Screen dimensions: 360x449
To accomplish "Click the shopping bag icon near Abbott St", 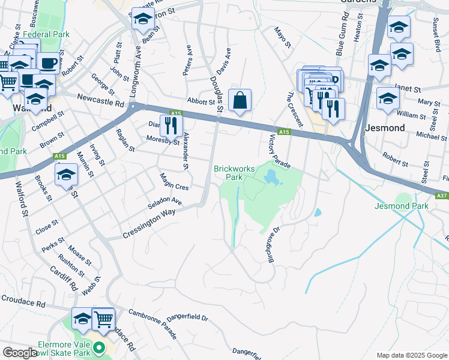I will (240, 101).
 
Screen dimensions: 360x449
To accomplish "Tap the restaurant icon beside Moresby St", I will (171, 125).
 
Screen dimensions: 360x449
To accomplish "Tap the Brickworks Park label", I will (228, 173).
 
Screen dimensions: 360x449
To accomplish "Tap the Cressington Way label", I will (148, 223).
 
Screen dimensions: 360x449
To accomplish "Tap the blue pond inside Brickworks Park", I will (271, 178).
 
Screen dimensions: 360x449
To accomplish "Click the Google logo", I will (19, 353).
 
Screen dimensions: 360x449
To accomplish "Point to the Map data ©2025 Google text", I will (411, 355).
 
